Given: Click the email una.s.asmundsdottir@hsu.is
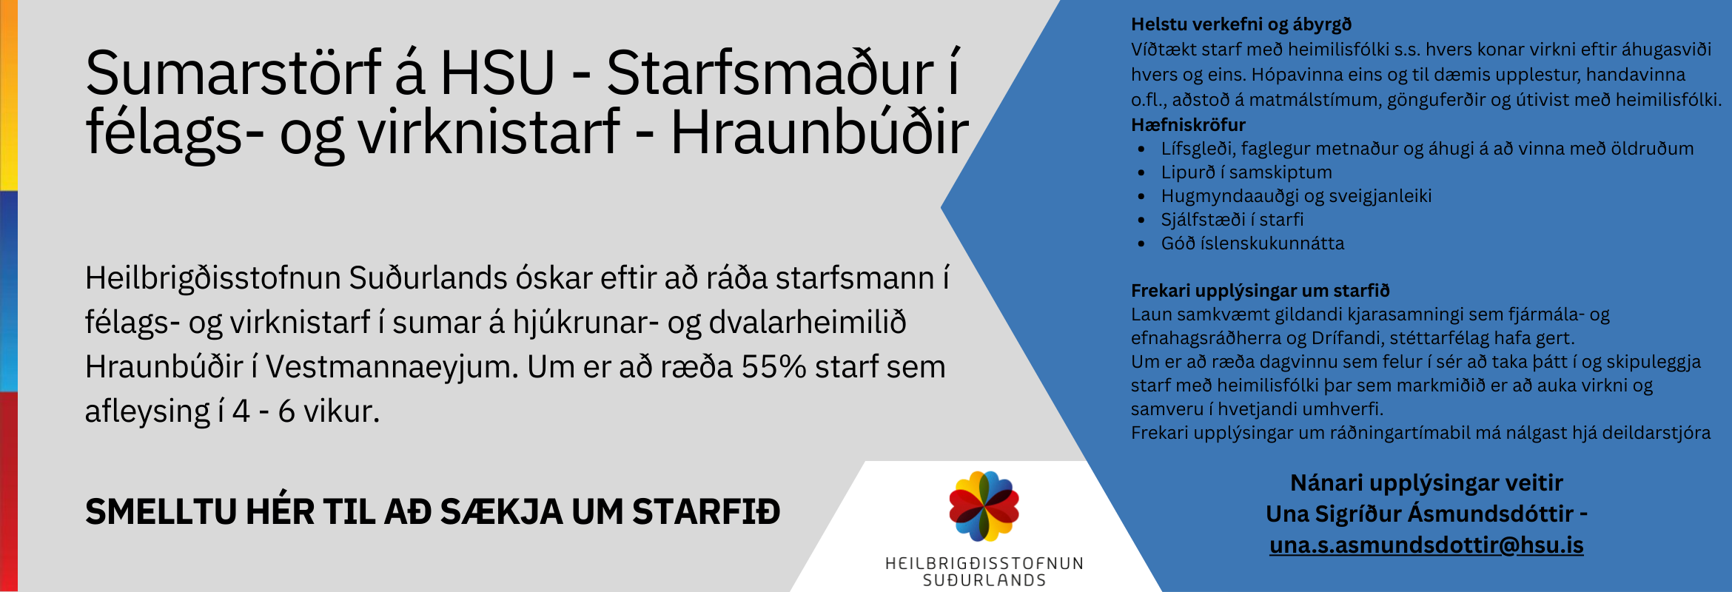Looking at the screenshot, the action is [1426, 545].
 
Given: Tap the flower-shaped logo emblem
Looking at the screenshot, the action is [984, 506].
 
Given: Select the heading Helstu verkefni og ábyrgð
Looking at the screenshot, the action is [1241, 24].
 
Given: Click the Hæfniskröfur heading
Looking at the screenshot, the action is [1188, 124].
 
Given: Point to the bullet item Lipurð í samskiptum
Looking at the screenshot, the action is [1246, 172].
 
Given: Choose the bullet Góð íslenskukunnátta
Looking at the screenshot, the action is [1252, 243].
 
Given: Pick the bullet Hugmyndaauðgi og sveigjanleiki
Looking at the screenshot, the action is [1296, 196].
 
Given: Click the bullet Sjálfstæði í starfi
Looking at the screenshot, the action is [1232, 220].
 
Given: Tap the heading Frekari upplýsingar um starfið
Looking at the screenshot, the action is [1261, 291].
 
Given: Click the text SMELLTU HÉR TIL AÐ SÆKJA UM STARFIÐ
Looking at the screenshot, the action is [433, 512].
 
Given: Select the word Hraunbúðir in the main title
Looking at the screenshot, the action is [819, 133].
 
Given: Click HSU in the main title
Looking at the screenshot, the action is [497, 73].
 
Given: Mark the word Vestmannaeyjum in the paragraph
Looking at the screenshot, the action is [392, 368].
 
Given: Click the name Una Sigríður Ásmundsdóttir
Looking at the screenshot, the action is [1420, 514].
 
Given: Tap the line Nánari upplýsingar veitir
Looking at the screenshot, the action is [1426, 483].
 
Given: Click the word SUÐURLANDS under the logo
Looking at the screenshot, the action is [984, 581].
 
